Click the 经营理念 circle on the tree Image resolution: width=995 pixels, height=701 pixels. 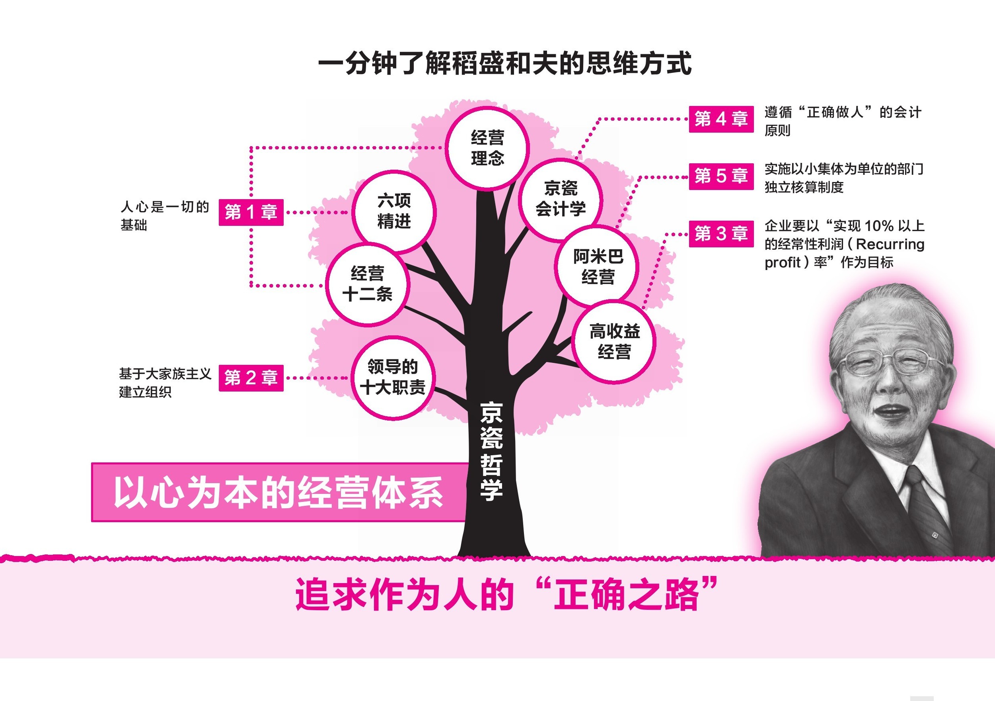click(x=487, y=148)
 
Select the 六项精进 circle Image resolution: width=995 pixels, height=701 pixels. click(x=393, y=211)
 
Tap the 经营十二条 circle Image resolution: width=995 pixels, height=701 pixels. click(x=368, y=284)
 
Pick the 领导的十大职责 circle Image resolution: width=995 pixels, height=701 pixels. click(x=393, y=378)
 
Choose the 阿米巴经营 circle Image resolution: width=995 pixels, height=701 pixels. click(x=598, y=266)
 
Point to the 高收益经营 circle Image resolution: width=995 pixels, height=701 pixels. click(x=614, y=342)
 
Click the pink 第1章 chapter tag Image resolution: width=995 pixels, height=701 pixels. click(x=251, y=212)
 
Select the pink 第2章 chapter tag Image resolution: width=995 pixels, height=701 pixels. click(x=251, y=378)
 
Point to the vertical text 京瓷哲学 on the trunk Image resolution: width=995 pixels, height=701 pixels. click(x=491, y=451)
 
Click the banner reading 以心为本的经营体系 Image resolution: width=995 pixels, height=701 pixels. click(x=278, y=492)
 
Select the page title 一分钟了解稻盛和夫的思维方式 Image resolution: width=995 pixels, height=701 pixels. click(x=504, y=64)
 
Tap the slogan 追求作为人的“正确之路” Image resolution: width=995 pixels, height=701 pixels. click(x=506, y=594)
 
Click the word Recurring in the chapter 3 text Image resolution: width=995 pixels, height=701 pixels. click(x=890, y=244)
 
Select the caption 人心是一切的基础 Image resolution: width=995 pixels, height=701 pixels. click(x=165, y=215)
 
